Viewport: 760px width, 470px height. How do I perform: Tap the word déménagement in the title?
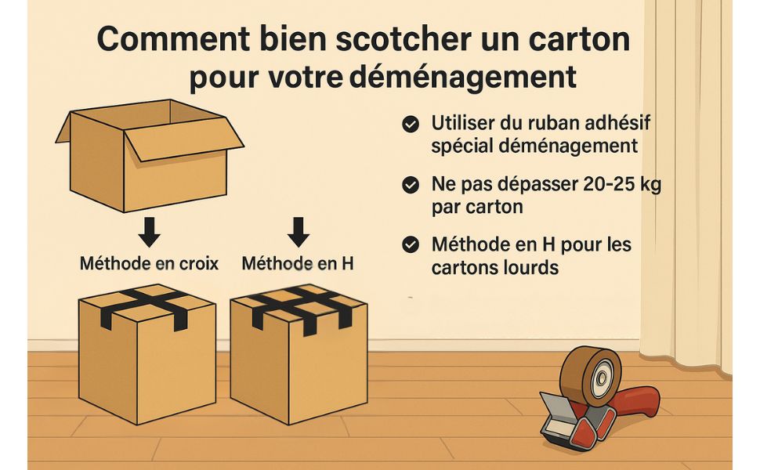coord(463,76)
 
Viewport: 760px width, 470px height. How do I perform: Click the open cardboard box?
coord(150,156)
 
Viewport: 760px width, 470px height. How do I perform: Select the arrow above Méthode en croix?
coord(150,232)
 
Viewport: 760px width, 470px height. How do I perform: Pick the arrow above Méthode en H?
coord(298,232)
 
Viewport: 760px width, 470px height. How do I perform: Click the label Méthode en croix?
coord(150,263)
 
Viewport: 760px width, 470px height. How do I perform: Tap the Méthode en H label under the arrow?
coord(298,263)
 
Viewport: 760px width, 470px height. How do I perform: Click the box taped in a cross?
coord(147,354)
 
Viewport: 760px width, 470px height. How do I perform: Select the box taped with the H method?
coord(299,355)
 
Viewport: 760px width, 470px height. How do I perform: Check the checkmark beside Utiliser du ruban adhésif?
coord(411,124)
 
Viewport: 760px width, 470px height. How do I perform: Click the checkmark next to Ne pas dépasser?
coord(411,185)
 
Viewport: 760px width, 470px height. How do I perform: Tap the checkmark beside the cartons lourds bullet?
coord(411,244)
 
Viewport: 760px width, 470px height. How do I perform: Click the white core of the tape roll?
coord(603,378)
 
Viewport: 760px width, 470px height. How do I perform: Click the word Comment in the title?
coord(173,38)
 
